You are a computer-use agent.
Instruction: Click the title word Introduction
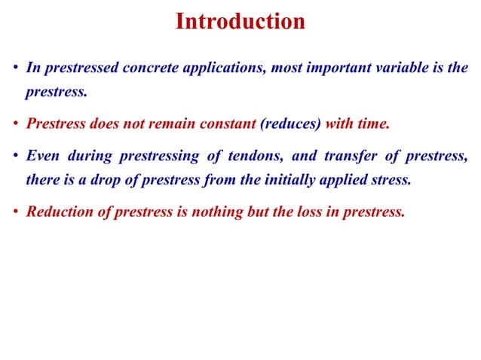240,21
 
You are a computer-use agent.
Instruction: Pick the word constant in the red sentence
227,124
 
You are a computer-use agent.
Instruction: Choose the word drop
103,180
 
